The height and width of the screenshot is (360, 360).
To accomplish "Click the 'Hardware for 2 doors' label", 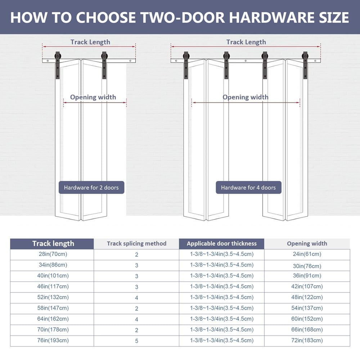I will pos(91,188).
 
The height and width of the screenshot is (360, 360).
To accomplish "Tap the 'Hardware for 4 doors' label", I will pos(248,188).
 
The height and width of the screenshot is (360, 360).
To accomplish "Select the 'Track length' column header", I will pos(53,244).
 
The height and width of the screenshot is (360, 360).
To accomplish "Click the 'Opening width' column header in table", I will pos(307,244).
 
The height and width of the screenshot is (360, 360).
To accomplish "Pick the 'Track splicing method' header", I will pos(136,244).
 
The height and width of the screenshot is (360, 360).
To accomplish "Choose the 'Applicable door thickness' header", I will pos(221,244).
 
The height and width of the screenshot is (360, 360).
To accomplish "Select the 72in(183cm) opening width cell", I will pos(307,341).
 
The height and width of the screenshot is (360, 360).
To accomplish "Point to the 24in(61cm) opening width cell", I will pos(307,254).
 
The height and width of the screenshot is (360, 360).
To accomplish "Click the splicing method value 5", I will pos(136,341).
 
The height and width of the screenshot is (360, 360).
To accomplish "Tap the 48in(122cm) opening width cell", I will pos(307,297).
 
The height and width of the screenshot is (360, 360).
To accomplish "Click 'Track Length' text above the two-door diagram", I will pos(90,42).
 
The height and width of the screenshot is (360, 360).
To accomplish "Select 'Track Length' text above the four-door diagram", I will pos(246,42).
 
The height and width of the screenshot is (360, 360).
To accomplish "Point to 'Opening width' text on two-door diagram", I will pos(93,97).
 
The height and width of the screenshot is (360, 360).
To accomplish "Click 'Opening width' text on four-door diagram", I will pos(245,97).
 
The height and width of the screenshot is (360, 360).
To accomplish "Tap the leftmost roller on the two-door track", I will pos(58,57).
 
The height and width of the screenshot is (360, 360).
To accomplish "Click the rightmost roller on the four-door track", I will pos(305,57).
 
